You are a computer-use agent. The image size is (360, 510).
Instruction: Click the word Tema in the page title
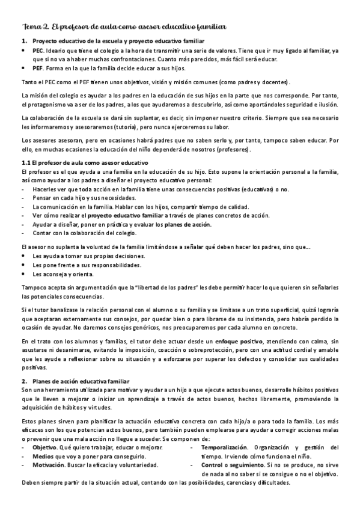tap(29, 27)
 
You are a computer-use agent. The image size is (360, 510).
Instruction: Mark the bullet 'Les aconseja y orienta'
tap(63, 274)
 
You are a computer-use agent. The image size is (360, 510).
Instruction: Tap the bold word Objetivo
tap(44, 447)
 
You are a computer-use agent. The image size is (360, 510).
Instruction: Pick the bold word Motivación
tap(48, 465)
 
